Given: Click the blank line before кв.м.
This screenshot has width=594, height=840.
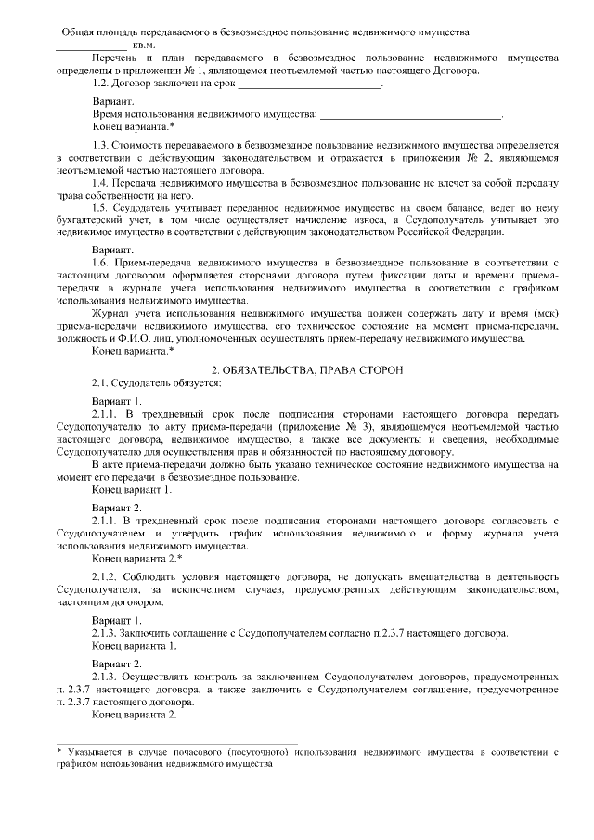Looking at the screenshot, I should (91, 45).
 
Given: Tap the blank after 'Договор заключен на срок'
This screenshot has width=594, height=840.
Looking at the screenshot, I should (311, 84).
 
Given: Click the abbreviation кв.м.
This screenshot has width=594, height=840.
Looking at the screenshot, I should (144, 45).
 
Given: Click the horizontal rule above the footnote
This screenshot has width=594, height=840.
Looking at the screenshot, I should (176, 742).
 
